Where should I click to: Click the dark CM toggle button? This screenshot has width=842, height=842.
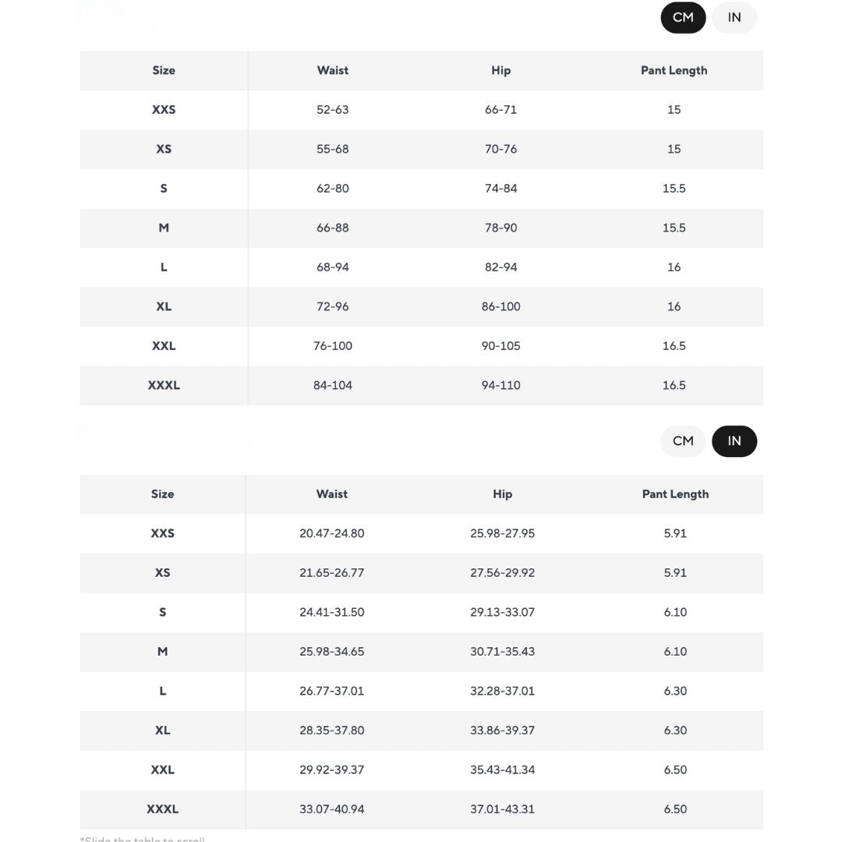click(x=683, y=18)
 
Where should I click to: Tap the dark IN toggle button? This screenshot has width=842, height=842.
click(x=734, y=441)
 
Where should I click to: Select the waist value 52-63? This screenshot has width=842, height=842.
click(x=333, y=110)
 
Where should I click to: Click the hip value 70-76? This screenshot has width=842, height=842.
click(x=501, y=149)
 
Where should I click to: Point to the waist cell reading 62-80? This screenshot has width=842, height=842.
click(x=333, y=189)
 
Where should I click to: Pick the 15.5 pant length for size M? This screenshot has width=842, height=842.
click(x=674, y=228)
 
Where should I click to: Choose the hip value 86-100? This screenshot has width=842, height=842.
click(x=501, y=306)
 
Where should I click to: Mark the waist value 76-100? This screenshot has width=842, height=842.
click(x=333, y=346)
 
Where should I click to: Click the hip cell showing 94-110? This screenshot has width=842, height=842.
click(x=501, y=385)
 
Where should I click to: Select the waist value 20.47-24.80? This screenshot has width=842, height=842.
click(x=331, y=533)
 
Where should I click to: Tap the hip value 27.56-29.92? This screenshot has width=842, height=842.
click(x=502, y=573)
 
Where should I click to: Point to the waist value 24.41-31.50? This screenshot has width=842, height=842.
click(x=331, y=612)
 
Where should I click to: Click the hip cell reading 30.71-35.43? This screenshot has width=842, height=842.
click(x=502, y=652)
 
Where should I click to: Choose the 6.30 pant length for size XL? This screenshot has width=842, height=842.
click(x=675, y=731)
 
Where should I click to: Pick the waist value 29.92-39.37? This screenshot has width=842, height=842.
click(x=331, y=769)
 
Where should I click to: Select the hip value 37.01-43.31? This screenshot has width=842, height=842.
click(x=502, y=809)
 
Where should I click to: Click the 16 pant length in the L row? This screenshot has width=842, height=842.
click(x=674, y=267)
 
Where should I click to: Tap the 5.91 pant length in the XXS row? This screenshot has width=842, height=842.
click(x=675, y=533)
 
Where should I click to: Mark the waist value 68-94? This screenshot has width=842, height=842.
click(x=333, y=267)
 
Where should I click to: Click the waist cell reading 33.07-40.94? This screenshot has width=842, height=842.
click(x=331, y=809)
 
